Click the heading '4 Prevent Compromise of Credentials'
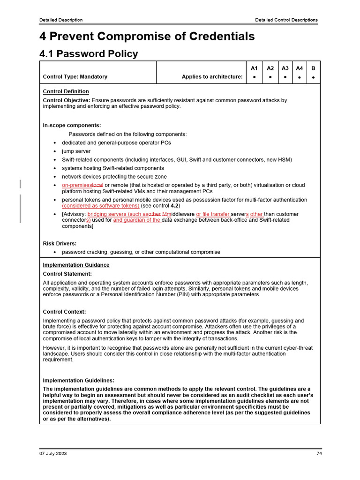pos(147,37)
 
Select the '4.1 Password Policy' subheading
pos(89,54)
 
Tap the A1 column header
pos(254,68)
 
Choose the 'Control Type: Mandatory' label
pos(75,77)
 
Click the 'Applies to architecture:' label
pos(212,77)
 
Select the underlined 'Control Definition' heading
pos(66,91)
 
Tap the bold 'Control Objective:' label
pos(66,100)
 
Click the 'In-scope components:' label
pos(72,126)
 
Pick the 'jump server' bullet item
pos(76,151)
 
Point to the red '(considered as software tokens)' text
pos(100,206)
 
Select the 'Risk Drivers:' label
pos(60,244)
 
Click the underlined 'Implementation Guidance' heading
pos(76,265)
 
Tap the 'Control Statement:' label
pos(67,274)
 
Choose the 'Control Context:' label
pos(64,312)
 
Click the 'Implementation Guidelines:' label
pos(78,381)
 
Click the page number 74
pos(319,454)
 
